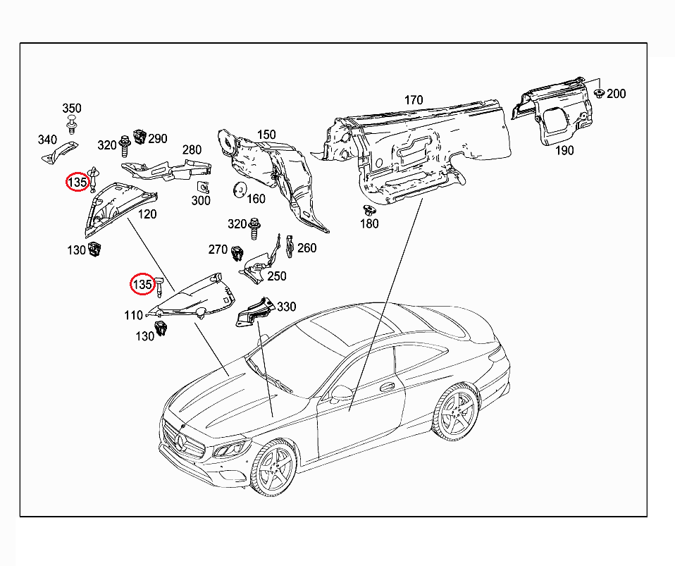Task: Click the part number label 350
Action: (72, 109)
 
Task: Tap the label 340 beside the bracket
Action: (47, 140)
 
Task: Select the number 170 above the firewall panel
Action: (414, 100)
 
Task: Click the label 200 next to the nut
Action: (616, 94)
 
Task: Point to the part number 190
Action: (564, 150)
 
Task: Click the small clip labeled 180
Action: (367, 210)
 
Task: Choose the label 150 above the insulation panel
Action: (266, 135)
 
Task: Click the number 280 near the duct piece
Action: (192, 149)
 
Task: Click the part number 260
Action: (307, 248)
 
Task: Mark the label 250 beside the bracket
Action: (277, 276)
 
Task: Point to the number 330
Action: (287, 307)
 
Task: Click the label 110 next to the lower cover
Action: (134, 315)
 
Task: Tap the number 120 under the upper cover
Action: (147, 214)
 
